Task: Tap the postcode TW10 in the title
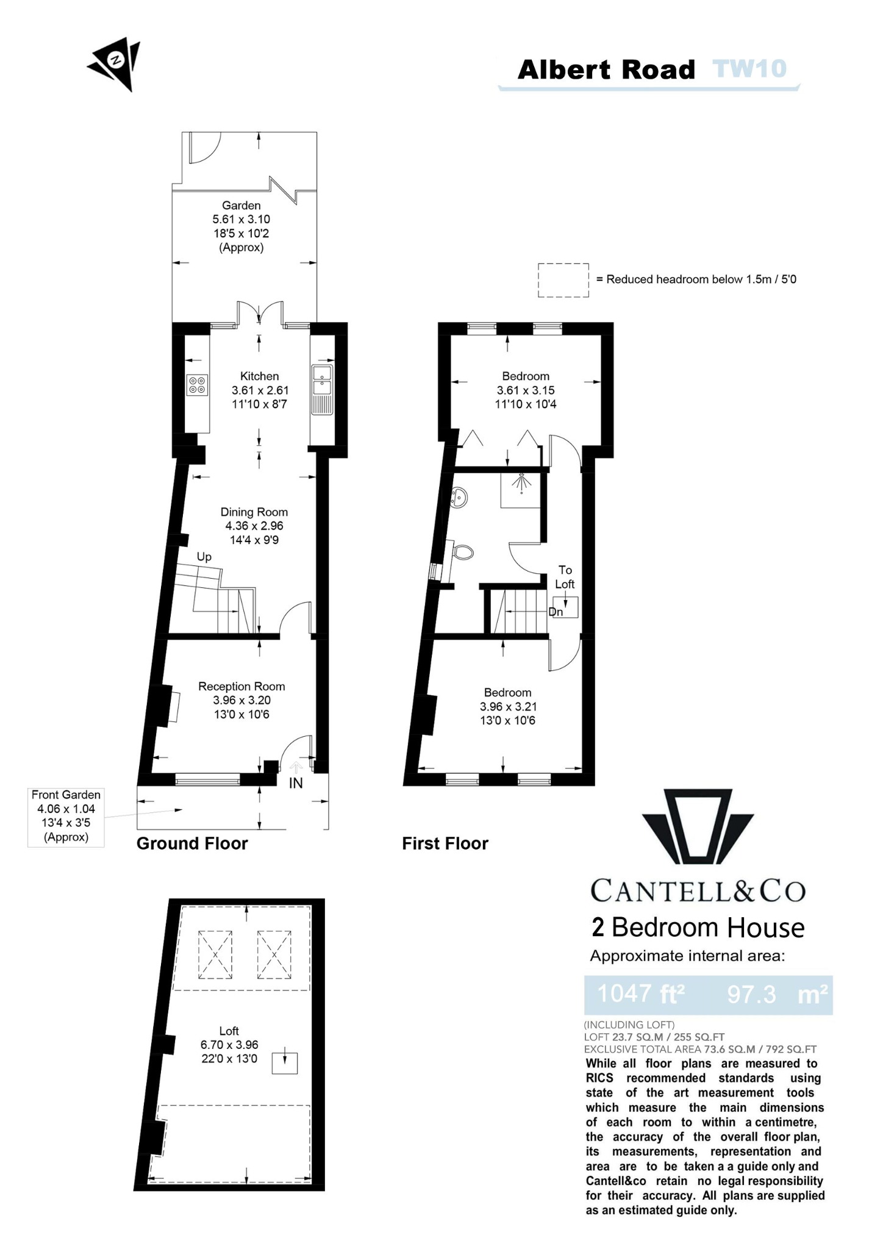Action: pyautogui.click(x=749, y=69)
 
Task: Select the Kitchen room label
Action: pyautogui.click(x=259, y=376)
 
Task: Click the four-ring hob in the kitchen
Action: pyautogui.click(x=197, y=385)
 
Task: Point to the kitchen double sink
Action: pyautogui.click(x=321, y=380)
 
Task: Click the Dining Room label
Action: pyautogui.click(x=254, y=512)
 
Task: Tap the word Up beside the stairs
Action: pyautogui.click(x=204, y=557)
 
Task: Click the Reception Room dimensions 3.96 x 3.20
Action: pyautogui.click(x=241, y=700)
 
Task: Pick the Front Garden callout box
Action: pyautogui.click(x=66, y=816)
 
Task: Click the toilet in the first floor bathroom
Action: pyautogui.click(x=463, y=553)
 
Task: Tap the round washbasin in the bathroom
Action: pyautogui.click(x=459, y=498)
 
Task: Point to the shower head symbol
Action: pyautogui.click(x=521, y=482)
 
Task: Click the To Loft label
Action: pyautogui.click(x=565, y=577)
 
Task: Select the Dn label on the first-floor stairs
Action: pyautogui.click(x=556, y=612)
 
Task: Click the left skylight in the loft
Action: pyautogui.click(x=215, y=954)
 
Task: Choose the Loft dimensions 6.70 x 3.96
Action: pyautogui.click(x=229, y=1045)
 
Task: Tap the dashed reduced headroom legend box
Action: pyautogui.click(x=563, y=280)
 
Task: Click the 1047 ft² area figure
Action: pyautogui.click(x=641, y=993)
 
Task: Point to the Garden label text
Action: pyautogui.click(x=241, y=206)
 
